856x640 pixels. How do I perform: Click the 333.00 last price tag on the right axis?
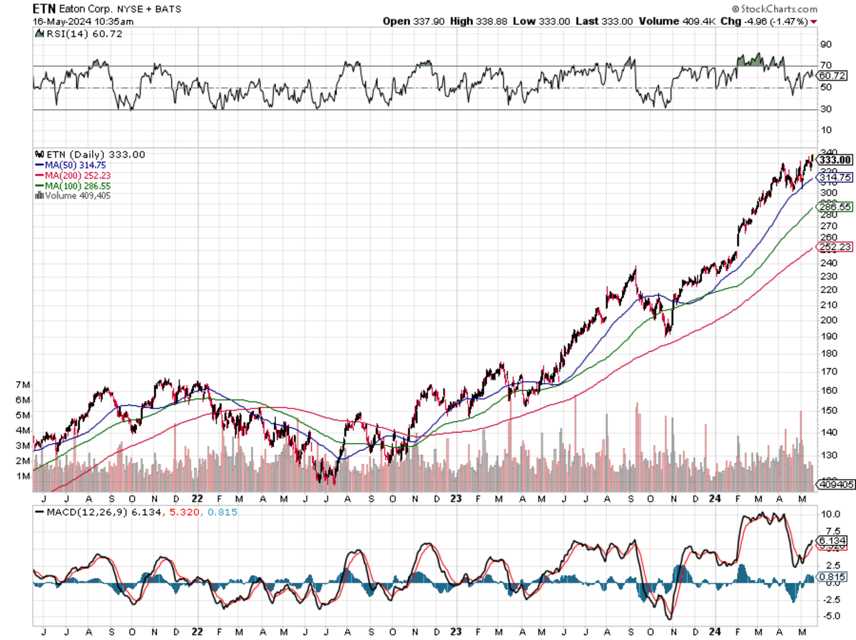point(835,160)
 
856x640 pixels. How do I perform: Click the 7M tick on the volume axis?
point(24,385)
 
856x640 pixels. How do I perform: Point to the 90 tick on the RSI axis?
point(826,44)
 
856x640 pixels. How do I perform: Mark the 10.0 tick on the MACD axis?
point(830,514)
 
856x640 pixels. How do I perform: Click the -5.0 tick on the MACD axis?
point(830,615)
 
